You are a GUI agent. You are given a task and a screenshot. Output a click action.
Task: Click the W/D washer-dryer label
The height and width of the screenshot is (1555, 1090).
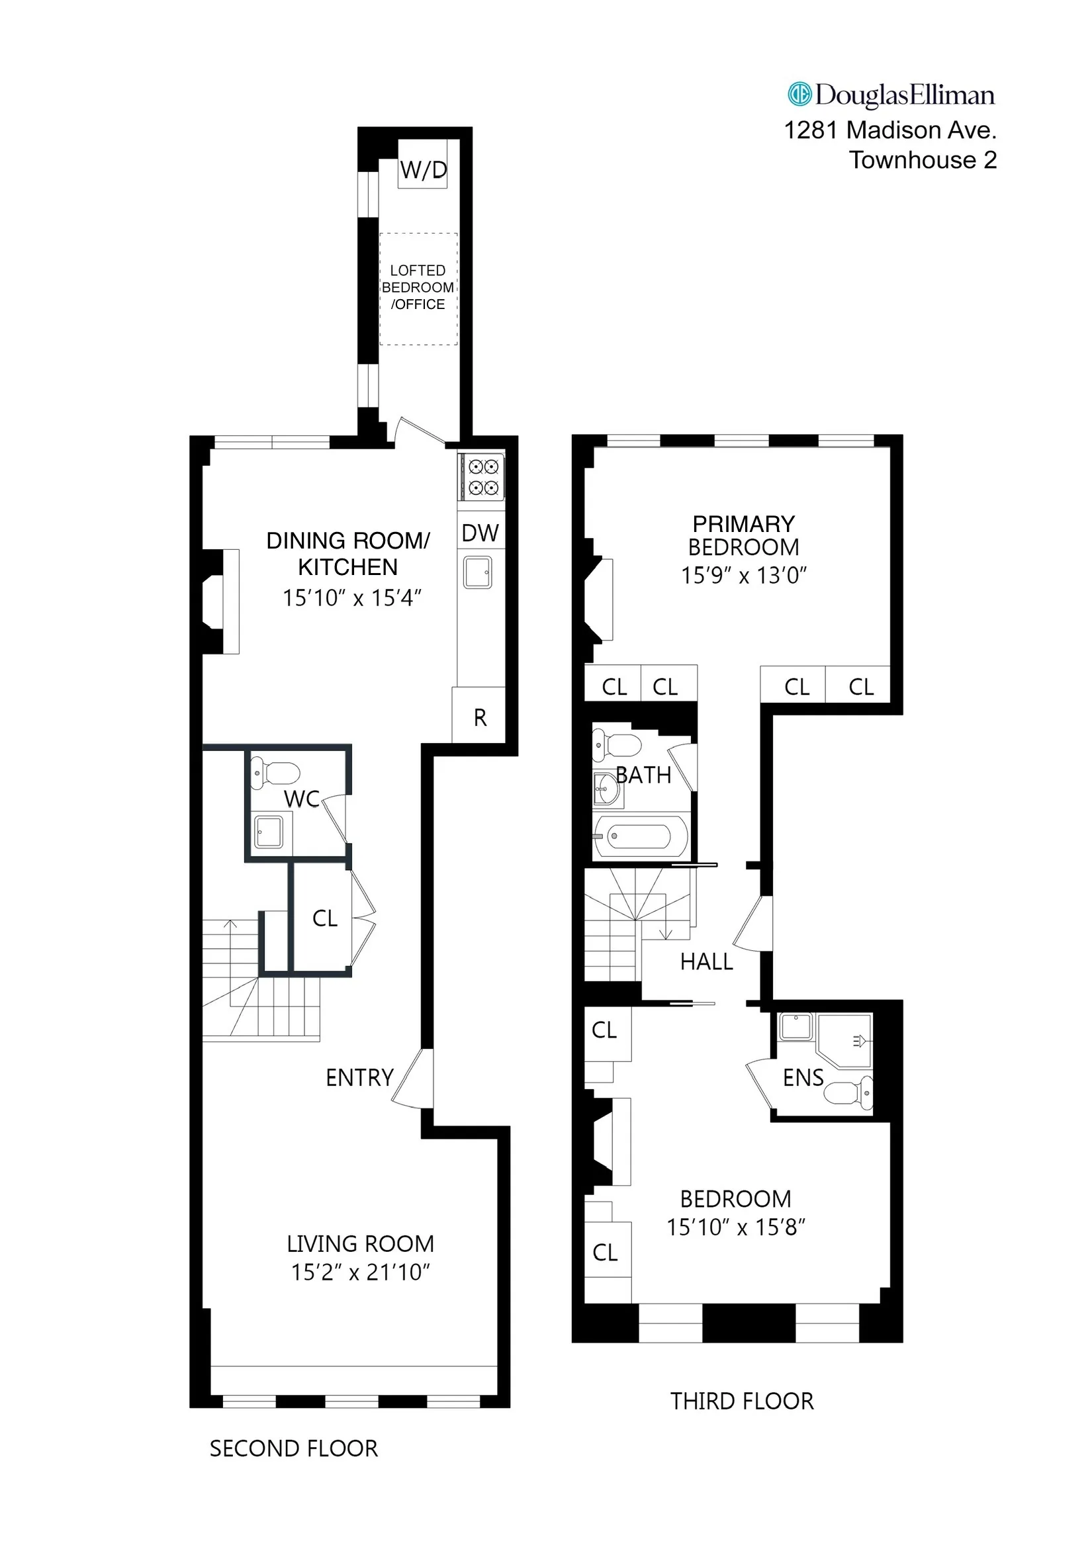pos(423,169)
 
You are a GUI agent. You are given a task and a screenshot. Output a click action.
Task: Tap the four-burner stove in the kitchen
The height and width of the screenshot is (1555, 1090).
pos(483,477)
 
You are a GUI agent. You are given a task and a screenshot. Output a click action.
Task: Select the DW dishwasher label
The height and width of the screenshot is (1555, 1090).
pos(480,533)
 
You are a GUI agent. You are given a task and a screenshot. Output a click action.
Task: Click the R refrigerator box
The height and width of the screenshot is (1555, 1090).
pos(480,717)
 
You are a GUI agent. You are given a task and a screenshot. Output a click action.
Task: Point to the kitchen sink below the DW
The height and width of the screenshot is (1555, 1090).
pos(478,572)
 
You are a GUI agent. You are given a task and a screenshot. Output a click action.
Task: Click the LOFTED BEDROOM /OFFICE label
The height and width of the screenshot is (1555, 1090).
pos(418,287)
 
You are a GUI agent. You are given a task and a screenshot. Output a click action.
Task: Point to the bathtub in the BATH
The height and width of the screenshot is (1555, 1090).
pos(639,836)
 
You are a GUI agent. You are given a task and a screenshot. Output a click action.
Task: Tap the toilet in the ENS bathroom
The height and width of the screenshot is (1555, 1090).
pos(848,1092)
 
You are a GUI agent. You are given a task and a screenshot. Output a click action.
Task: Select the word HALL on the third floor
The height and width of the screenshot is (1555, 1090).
pos(706,961)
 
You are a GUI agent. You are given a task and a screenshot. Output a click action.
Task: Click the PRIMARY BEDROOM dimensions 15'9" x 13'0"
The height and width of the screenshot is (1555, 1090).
pos(743,575)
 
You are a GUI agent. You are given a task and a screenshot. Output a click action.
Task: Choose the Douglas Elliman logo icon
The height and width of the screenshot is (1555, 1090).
pos(799,94)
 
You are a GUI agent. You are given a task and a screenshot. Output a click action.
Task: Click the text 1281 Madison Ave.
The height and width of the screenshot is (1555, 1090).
pos(889,130)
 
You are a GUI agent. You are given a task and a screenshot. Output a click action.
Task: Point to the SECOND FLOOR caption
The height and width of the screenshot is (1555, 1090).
pos(293,1448)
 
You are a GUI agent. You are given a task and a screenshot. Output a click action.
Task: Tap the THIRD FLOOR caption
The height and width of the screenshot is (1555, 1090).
pos(742,1401)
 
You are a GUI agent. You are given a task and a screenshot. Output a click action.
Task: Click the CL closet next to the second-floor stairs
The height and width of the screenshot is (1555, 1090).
pos(324,918)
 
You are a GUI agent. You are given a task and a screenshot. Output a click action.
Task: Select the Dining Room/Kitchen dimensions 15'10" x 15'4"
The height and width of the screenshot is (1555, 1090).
pos(351,598)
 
